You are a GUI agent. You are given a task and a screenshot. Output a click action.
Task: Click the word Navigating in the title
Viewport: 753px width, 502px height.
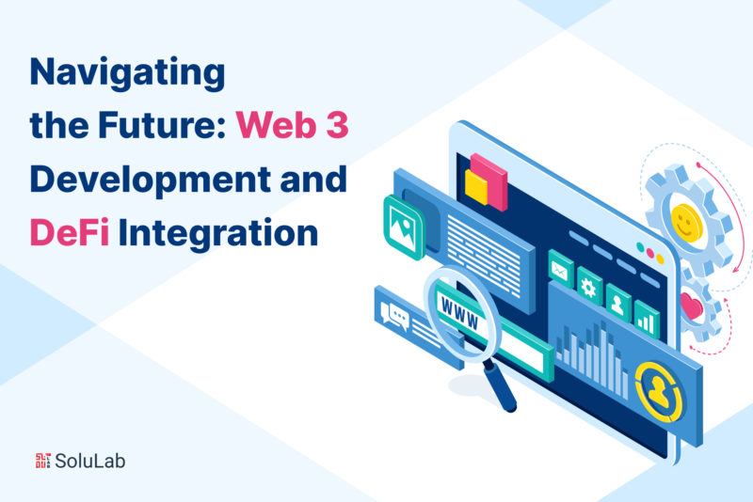click(127, 73)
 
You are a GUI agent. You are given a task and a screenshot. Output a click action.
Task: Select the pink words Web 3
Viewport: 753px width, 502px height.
click(292, 125)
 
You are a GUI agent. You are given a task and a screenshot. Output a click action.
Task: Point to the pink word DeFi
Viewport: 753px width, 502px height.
click(70, 232)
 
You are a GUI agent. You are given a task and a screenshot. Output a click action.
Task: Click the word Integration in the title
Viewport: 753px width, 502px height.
click(218, 234)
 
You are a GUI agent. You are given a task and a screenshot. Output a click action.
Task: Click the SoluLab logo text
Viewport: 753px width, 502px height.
click(90, 461)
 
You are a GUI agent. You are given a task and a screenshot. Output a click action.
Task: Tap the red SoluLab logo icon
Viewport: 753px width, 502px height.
click(42, 461)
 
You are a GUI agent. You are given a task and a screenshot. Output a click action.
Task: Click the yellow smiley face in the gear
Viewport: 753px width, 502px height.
click(686, 222)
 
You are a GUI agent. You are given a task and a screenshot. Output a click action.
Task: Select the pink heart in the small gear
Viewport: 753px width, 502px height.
click(692, 306)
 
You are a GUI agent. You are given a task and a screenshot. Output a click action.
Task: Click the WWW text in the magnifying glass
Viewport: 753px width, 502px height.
click(459, 314)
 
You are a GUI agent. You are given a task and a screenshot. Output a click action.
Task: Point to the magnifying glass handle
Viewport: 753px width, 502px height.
click(500, 386)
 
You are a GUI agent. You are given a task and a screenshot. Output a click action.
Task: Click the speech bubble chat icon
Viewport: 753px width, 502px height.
click(394, 316)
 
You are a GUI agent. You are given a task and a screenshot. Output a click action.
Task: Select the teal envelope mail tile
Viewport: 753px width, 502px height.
click(560, 269)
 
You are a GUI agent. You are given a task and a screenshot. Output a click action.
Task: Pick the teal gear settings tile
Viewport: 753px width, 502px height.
click(589, 286)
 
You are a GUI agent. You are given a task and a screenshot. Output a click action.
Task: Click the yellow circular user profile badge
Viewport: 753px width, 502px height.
click(658, 392)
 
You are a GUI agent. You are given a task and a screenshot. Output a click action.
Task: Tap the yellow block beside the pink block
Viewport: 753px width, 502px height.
click(476, 187)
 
